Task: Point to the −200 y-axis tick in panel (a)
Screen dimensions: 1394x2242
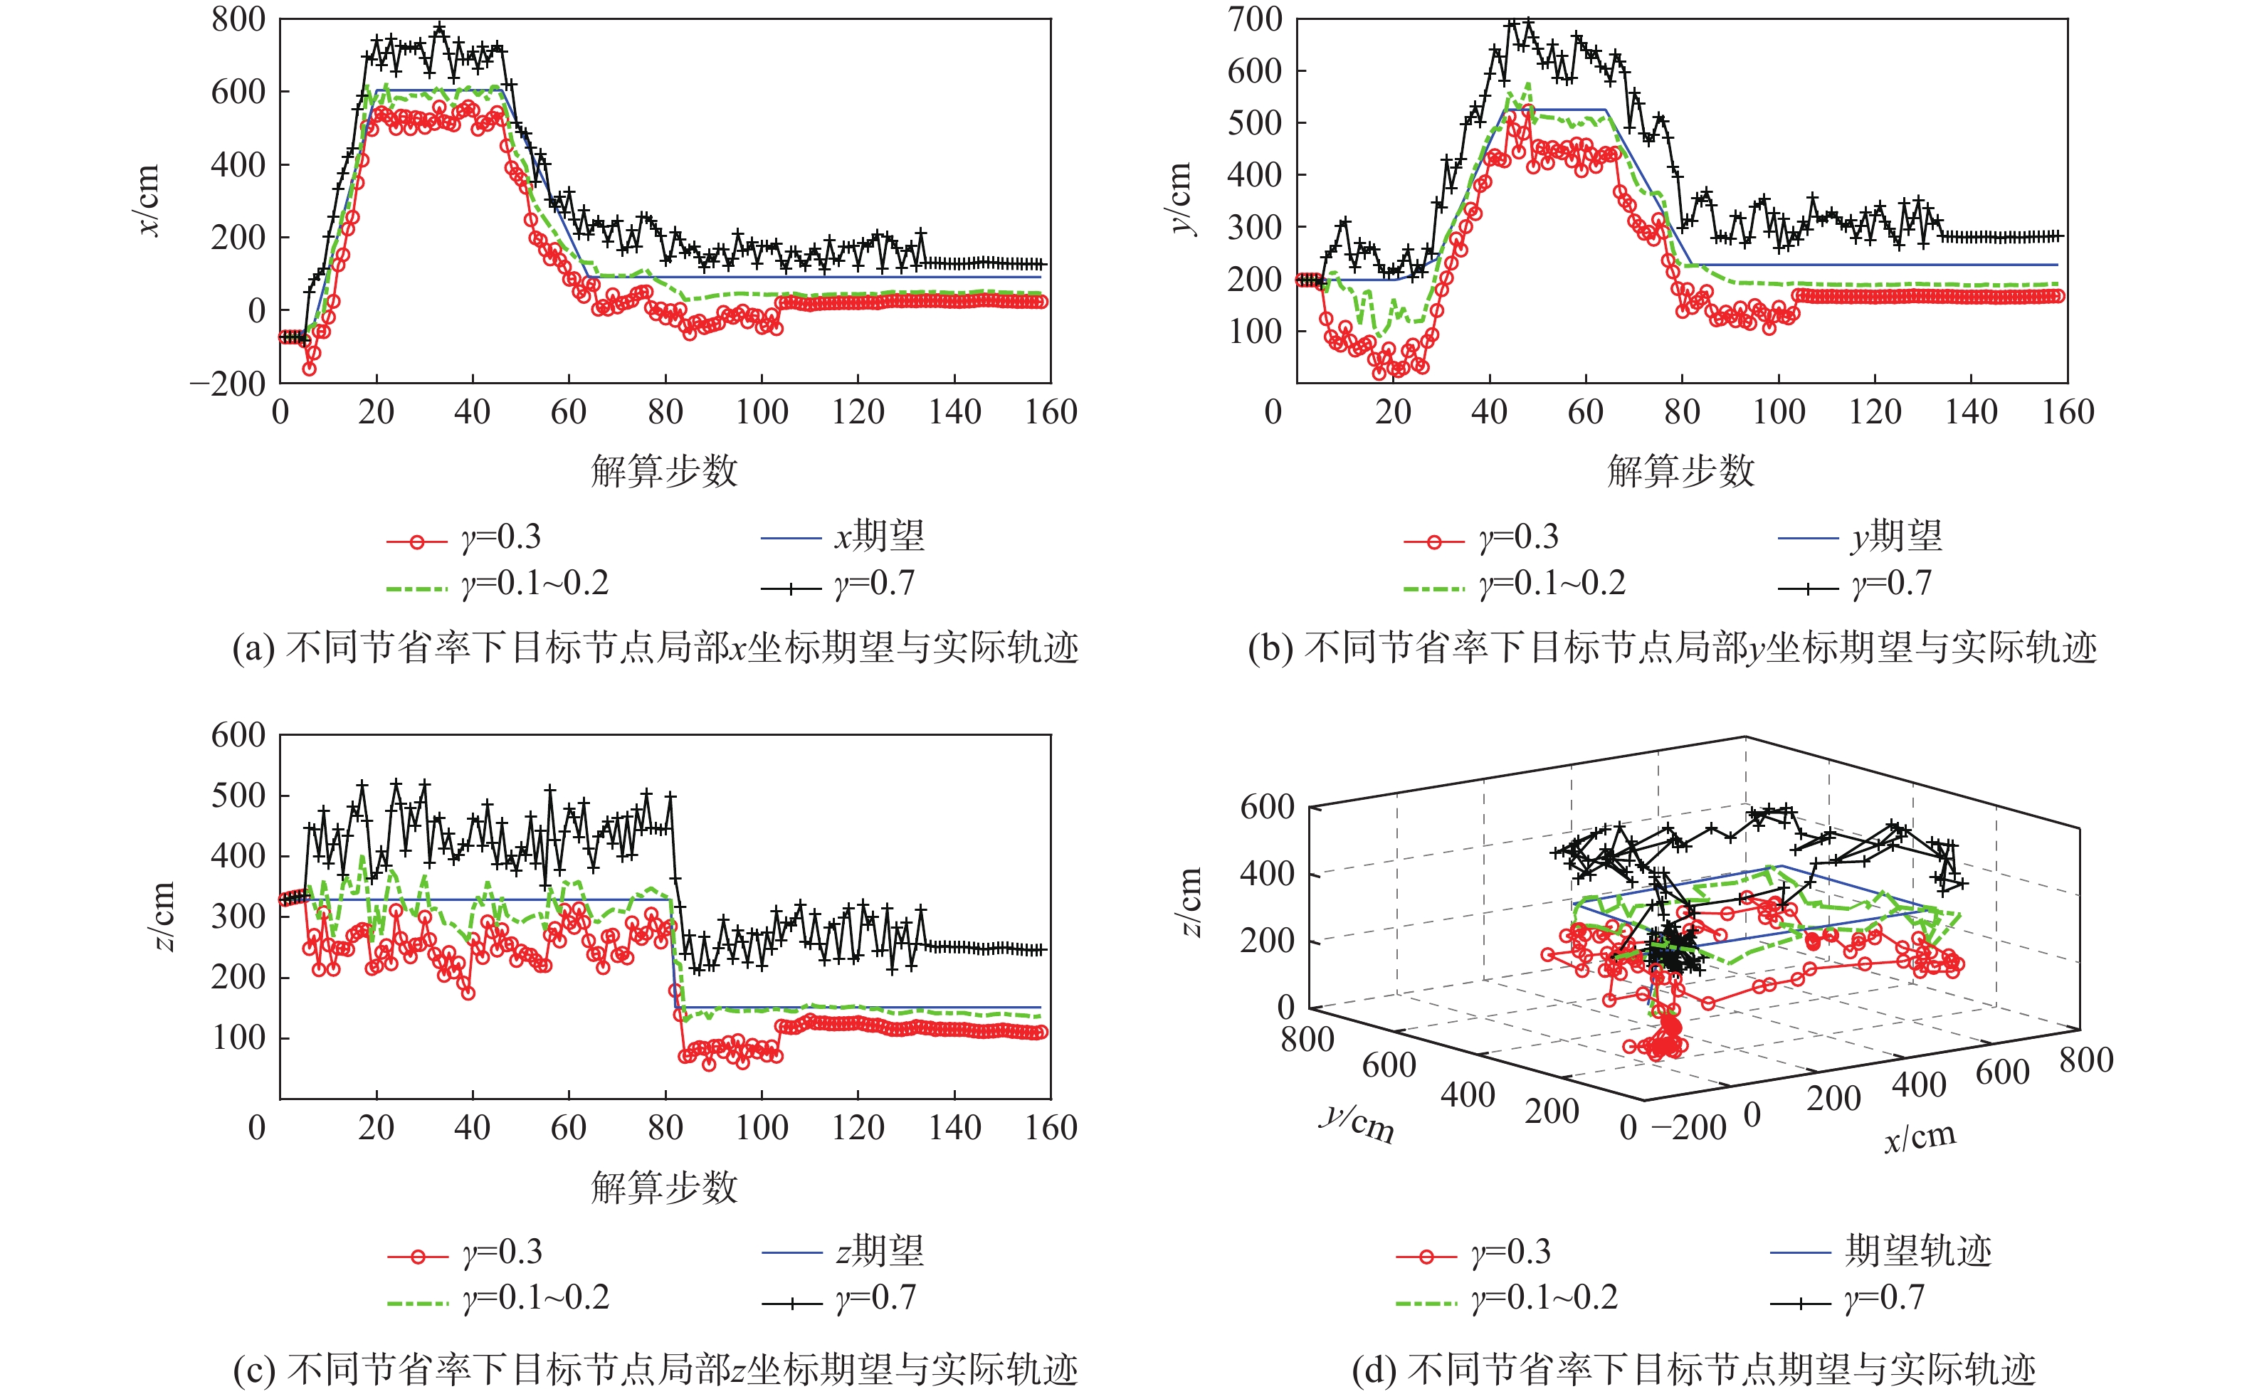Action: click(227, 384)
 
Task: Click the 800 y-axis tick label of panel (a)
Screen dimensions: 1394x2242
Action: click(238, 19)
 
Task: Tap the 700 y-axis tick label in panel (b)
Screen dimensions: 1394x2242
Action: click(1255, 19)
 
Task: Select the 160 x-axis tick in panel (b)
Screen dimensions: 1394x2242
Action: click(2068, 412)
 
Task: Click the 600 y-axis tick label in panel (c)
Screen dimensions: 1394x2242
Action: click(238, 736)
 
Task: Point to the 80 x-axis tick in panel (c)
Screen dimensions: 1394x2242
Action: click(665, 1128)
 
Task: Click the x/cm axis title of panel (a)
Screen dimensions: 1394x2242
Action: click(149, 200)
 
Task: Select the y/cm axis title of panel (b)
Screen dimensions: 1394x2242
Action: click(1181, 199)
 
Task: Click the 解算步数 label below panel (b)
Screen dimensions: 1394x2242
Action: click(1680, 471)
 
